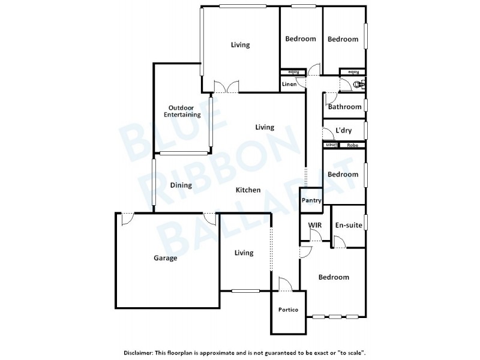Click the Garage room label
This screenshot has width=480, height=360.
165,259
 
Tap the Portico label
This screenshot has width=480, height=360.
289,310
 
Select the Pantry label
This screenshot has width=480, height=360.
311,200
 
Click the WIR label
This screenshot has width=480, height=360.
315,226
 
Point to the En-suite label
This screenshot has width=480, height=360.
348,226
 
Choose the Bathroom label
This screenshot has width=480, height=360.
344,107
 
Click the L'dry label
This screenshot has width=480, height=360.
343,130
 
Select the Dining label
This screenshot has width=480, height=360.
181,185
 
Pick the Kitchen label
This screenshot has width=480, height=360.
248,190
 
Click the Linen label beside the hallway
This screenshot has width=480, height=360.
289,85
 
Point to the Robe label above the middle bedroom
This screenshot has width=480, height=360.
352,145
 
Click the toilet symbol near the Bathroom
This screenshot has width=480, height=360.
359,85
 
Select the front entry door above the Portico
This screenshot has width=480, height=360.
286,284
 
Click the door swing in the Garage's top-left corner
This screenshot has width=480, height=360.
127,218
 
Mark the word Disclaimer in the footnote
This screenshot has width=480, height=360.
138,353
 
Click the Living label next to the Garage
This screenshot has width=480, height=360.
244,253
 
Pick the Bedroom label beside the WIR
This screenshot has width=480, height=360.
333,277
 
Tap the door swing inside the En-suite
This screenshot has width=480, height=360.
338,242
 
